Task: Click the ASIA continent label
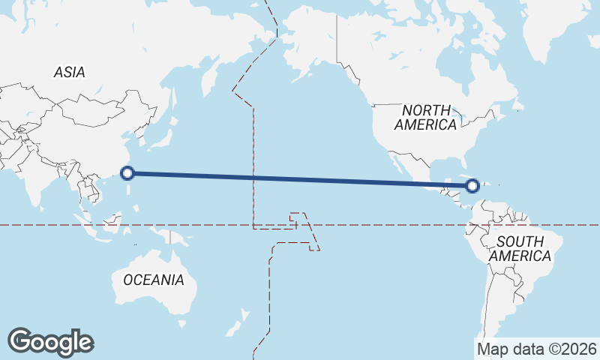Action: pos(69,72)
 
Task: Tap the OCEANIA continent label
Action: pos(153,280)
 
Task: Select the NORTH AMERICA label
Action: pos(426,117)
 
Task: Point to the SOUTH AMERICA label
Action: pos(520,248)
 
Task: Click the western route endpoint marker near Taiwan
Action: pos(127,173)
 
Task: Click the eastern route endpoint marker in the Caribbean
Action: pos(472,186)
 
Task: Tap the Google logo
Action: pos(50,342)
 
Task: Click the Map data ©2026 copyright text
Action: pos(537,349)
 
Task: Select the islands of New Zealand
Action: pos(238,327)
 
